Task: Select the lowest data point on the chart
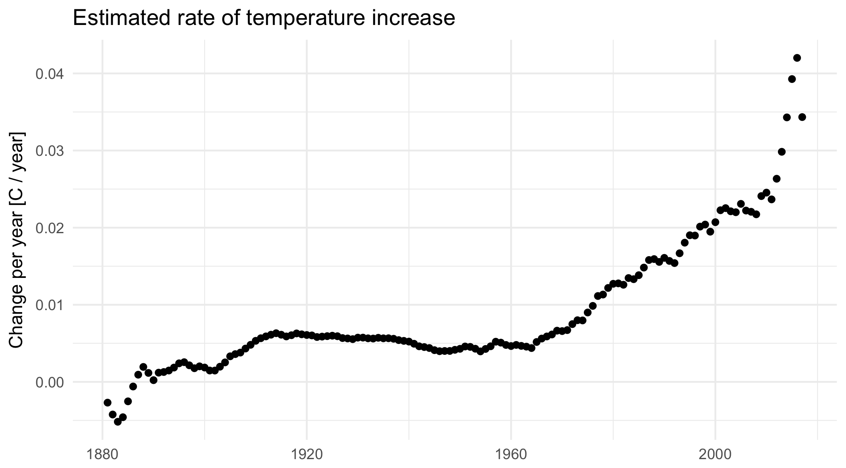click(118, 421)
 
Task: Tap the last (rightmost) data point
click(802, 117)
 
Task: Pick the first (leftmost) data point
click(108, 402)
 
